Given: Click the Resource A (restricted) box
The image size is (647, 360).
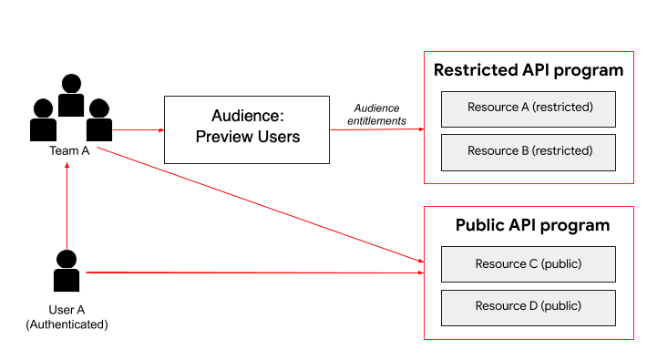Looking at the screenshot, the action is coord(529,109).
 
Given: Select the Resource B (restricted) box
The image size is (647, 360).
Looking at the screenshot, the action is coord(529,152).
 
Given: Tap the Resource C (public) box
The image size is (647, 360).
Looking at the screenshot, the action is coord(529,264).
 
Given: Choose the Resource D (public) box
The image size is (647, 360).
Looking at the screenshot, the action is coord(529,308).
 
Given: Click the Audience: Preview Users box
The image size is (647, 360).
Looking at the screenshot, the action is coord(247,129).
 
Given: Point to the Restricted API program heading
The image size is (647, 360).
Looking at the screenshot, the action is coord(529,70).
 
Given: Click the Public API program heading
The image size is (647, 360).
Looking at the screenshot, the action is coord(532,225).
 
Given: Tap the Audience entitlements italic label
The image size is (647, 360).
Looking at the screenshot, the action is coord(376,114).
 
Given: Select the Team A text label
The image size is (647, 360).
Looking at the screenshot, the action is coord(69,150).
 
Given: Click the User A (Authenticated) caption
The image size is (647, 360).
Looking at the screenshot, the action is coord(67,317).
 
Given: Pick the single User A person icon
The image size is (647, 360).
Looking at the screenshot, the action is coord(67,271).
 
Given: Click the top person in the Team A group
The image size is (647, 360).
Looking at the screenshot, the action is coord(71,95).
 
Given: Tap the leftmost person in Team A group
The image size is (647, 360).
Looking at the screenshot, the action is coord(43,119).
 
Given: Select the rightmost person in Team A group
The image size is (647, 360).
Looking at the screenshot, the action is coord(99,119).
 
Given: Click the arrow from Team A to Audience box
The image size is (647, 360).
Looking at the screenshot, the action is coord(139,130).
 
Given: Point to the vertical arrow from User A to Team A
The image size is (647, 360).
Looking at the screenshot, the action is coord(67,206).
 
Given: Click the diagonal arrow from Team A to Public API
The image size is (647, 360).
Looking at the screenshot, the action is coord(261,205).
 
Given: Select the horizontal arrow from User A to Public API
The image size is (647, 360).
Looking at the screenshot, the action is coord(255,273).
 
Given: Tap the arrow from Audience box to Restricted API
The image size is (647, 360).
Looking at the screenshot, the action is coord(377,129).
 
